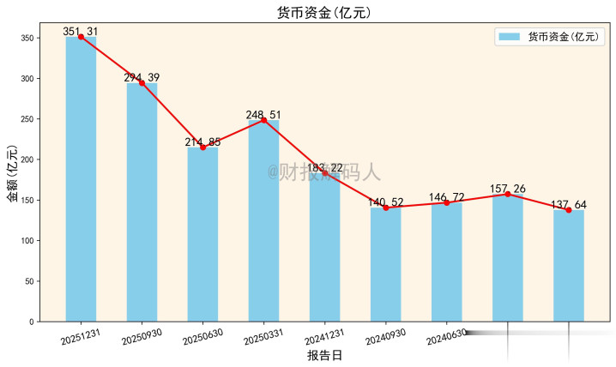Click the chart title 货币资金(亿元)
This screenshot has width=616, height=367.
[324, 13]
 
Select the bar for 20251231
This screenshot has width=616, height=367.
[81, 180]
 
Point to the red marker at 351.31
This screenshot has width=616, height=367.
[81, 37]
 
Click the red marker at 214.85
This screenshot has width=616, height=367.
[202, 147]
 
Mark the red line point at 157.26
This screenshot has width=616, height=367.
[507, 194]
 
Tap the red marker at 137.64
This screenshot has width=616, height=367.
[568, 210]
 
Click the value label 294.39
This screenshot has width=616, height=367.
[142, 78]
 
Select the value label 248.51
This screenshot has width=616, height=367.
[263, 114]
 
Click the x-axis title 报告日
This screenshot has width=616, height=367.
[324, 355]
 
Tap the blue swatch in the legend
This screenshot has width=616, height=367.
[510, 37]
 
